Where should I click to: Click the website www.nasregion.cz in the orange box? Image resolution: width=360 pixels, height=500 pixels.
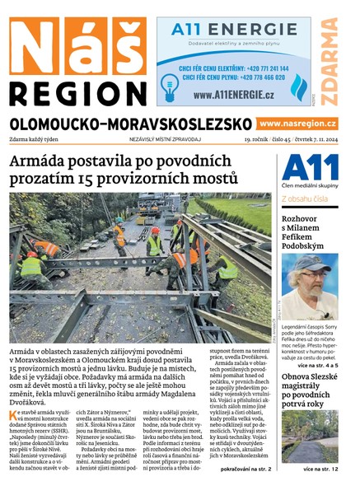point(297,123)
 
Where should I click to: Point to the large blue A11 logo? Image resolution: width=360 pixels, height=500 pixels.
point(310,169)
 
